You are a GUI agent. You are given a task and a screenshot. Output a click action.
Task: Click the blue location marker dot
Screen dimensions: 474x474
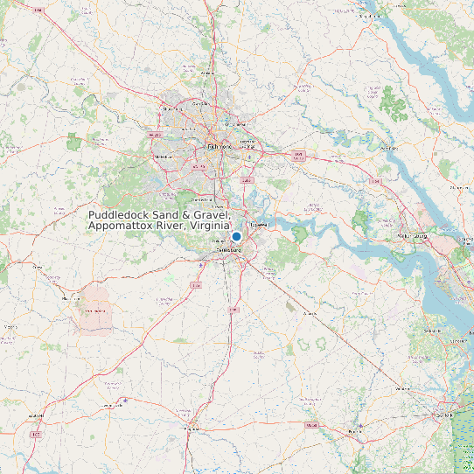coord(236,236)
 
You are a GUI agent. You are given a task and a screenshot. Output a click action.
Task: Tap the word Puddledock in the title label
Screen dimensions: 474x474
coord(119,215)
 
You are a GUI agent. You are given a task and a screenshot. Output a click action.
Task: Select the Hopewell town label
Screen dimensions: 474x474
coord(259,224)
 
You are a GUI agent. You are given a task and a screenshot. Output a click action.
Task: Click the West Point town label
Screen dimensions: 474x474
coord(389,149)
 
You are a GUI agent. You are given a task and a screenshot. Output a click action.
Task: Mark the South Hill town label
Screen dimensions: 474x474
coord(36,415)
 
